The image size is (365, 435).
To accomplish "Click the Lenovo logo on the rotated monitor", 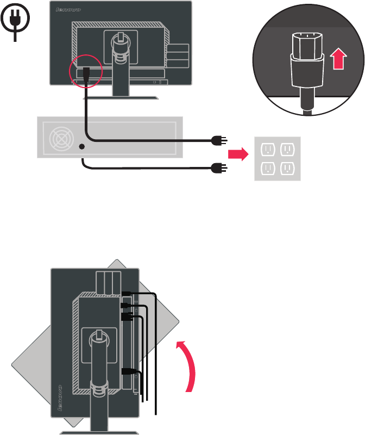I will tap(61, 400).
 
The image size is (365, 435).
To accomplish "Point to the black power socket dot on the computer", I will tap(81, 146).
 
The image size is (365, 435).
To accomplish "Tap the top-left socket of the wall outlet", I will tap(267, 149).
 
